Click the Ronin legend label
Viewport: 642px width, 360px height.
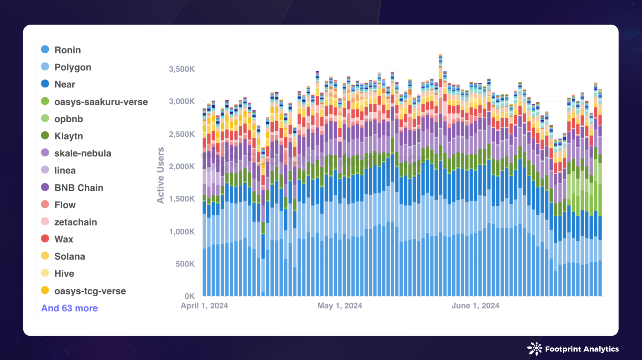click(67, 50)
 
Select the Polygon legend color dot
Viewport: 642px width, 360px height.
click(45, 66)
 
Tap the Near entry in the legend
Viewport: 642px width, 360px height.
click(65, 84)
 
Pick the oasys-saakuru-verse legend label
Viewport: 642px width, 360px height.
click(101, 102)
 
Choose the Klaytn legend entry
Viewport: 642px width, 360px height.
click(68, 136)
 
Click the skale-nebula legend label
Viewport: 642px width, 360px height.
click(83, 153)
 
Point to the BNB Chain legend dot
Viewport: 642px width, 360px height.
click(45, 187)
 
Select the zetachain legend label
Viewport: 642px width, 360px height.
click(76, 222)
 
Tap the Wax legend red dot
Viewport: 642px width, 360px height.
click(45, 239)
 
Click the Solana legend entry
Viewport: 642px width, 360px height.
click(70, 256)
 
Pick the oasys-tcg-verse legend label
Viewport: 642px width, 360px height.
click(90, 291)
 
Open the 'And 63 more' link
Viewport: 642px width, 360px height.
click(69, 308)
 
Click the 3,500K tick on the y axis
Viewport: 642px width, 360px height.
click(182, 69)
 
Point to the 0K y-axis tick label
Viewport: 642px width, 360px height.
click(189, 296)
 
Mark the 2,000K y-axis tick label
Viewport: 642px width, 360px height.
click(182, 167)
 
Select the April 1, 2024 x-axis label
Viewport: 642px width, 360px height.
click(204, 306)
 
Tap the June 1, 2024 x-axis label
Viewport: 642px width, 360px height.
click(475, 306)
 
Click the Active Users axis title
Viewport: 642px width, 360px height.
click(160, 175)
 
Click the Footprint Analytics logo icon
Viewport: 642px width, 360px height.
click(534, 349)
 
